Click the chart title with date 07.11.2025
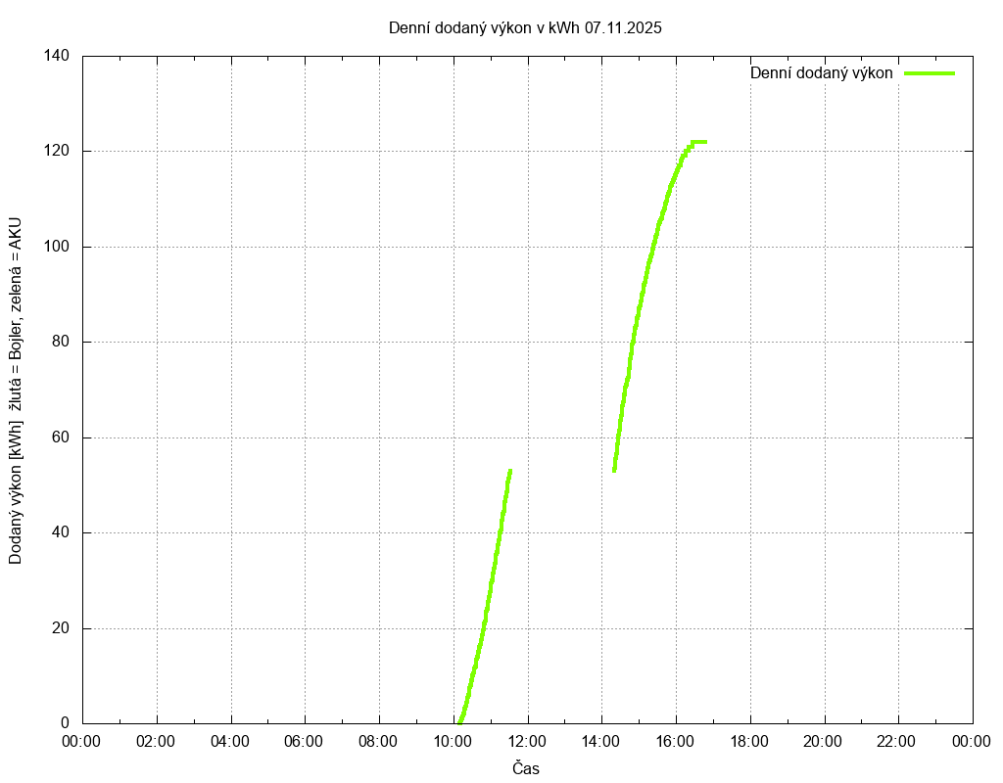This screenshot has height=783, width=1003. coord(525,28)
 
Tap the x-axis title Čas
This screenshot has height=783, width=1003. coord(526,768)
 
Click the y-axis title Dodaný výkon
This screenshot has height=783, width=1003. coord(16,391)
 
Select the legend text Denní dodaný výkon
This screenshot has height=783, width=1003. coord(821,73)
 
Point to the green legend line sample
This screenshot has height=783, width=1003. coord(929,73)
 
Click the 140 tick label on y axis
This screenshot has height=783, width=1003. coord(56,56)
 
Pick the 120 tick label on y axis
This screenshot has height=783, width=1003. coord(56,152)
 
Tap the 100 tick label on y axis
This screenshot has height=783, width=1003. coord(56,247)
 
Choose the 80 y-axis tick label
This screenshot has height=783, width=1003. coord(60,343)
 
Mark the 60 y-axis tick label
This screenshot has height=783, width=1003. coord(60,438)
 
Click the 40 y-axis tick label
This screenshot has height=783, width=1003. coord(60,533)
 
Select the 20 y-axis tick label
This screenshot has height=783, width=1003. coord(60,628)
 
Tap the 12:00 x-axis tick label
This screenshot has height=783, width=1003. coord(527,741)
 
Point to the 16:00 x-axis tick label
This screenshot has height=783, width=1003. coord(676,741)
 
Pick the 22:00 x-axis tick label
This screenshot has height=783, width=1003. coord(898,741)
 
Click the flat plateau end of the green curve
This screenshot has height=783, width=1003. coord(704,142)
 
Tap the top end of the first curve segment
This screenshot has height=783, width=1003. coord(510,471)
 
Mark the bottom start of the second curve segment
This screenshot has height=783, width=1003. coord(614,470)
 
